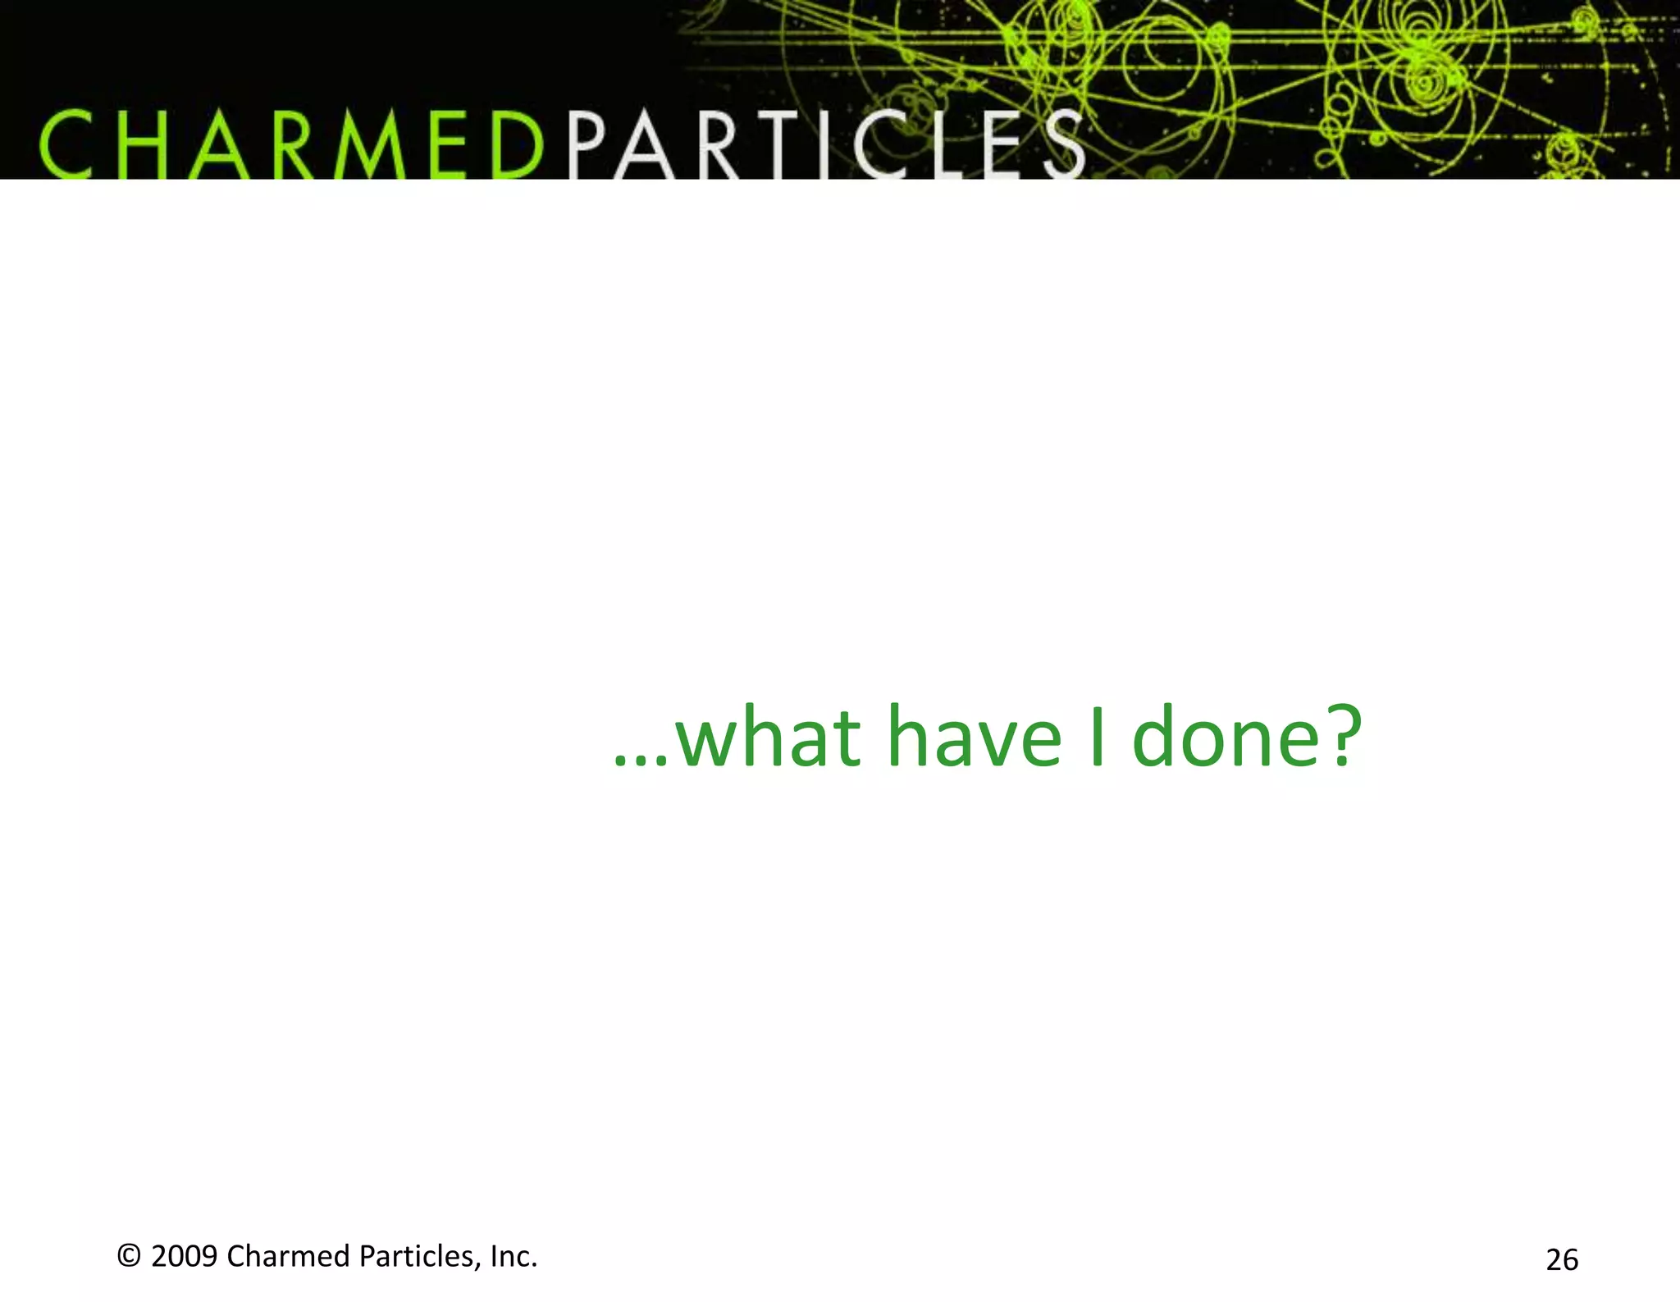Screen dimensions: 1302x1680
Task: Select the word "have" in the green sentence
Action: pos(975,738)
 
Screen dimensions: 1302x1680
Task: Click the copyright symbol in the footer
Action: pos(129,1256)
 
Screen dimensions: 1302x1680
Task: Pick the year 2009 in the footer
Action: pos(185,1257)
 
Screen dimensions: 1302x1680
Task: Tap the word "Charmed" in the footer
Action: pos(288,1257)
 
